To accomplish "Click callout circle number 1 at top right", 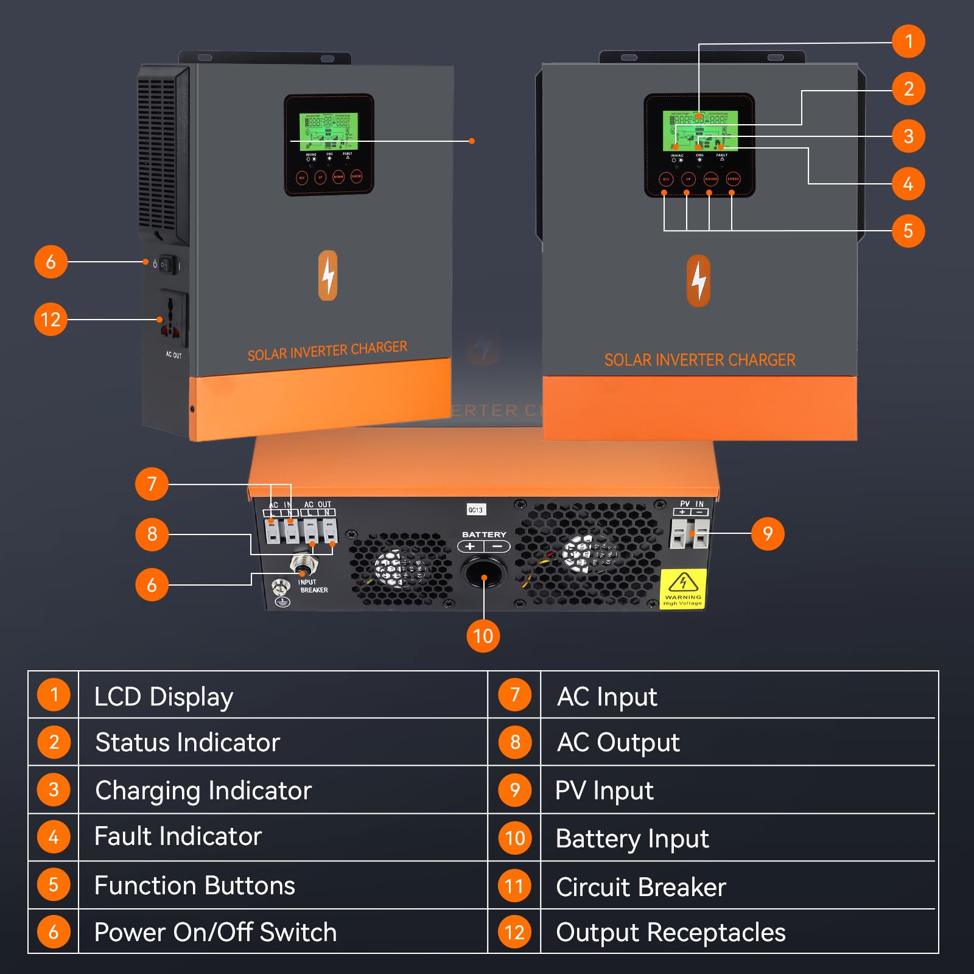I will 908,41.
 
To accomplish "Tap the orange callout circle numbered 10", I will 483,636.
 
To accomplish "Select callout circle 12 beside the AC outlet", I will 51,319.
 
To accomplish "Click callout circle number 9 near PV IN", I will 767,534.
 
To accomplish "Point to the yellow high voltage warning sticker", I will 683,589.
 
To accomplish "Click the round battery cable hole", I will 484,572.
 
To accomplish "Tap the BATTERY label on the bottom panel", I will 484,534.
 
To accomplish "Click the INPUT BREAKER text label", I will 314,586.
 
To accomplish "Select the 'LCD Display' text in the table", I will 163,696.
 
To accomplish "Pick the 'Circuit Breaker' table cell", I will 640,887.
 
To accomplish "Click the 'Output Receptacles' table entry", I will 670,933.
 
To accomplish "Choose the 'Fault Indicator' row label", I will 178,836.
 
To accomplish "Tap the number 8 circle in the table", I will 515,742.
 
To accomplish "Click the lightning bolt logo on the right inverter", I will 698,281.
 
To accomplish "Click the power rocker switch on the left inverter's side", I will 167,265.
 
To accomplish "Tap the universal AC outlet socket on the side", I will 172,318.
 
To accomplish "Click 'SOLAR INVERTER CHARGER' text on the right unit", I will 699,360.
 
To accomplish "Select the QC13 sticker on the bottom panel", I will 475,510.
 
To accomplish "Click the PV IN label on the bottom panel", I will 691,503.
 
